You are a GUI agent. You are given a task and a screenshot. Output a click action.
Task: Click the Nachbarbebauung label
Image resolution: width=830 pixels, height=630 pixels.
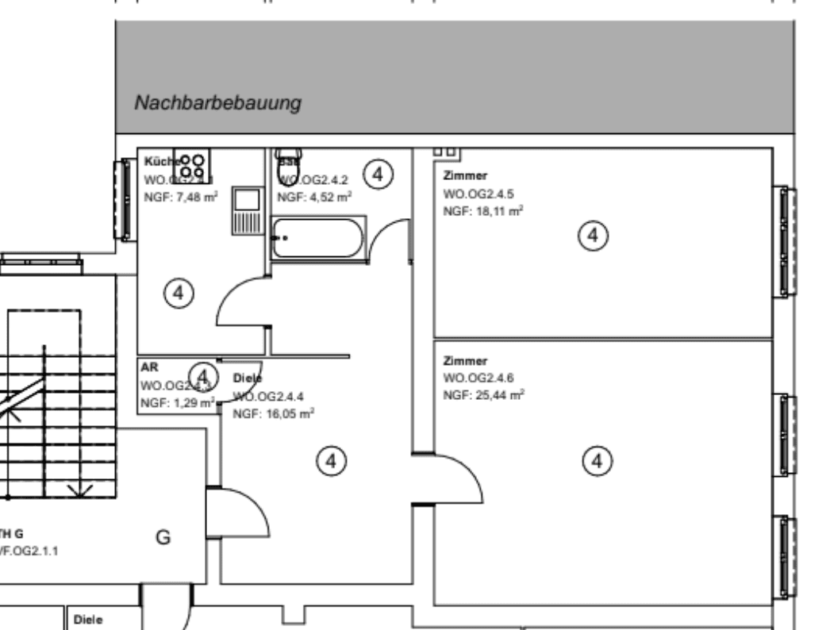218,103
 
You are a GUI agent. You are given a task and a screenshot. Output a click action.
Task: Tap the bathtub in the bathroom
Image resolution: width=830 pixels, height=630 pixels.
318,237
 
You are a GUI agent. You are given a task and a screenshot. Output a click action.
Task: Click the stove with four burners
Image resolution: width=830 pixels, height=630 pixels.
191,164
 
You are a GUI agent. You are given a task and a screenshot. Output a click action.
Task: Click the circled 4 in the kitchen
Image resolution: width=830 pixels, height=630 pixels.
179,293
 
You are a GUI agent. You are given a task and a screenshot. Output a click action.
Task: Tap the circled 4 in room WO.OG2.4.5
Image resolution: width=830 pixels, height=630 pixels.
593,235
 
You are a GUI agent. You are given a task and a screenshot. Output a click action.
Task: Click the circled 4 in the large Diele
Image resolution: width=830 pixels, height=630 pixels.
331,459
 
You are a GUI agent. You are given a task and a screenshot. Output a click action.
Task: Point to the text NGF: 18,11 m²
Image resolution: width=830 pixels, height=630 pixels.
482,210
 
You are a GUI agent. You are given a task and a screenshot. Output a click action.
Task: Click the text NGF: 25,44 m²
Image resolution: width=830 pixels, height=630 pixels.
483,394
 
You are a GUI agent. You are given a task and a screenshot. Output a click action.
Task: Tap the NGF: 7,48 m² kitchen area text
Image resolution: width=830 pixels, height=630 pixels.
180,195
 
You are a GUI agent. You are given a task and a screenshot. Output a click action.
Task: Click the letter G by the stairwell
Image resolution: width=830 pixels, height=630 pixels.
163,538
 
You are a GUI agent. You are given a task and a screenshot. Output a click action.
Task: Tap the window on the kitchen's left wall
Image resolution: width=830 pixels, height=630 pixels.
123,198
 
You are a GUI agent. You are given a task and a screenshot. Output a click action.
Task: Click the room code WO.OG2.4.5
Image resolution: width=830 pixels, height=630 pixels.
478,193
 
